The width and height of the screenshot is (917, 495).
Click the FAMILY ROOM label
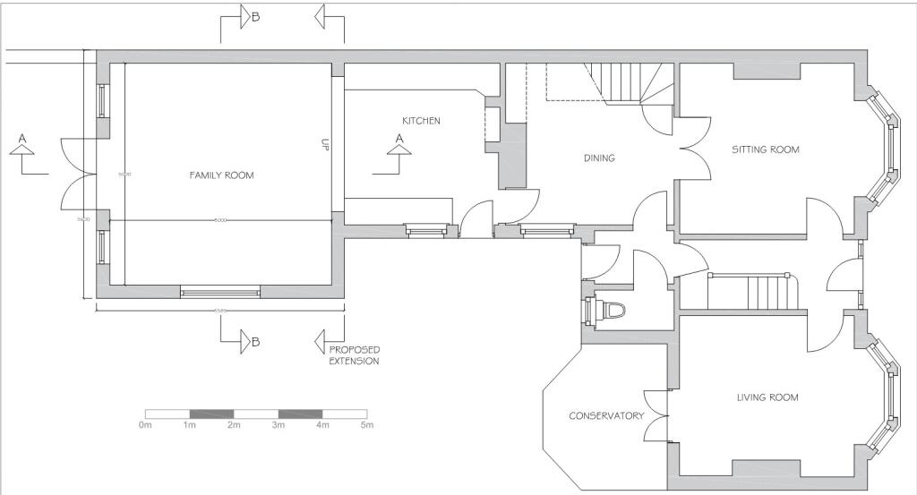tap(221, 175)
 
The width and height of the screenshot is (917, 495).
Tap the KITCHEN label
tap(421, 121)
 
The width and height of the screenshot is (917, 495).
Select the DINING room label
tap(599, 158)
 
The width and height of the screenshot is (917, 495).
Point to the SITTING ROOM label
tap(765, 149)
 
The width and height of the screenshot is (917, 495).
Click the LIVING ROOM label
tap(767, 397)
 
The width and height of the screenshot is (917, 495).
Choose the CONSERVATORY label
tap(606, 416)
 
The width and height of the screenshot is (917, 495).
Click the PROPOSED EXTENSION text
tap(354, 355)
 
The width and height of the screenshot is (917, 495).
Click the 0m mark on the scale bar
tap(145, 425)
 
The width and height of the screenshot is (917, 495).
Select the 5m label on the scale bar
tap(367, 425)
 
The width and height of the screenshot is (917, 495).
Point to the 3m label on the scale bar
tap(279, 425)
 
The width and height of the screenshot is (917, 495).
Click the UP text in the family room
tap(325, 145)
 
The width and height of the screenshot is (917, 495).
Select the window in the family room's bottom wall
tap(220, 291)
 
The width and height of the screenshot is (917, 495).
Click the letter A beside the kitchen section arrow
tap(399, 138)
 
